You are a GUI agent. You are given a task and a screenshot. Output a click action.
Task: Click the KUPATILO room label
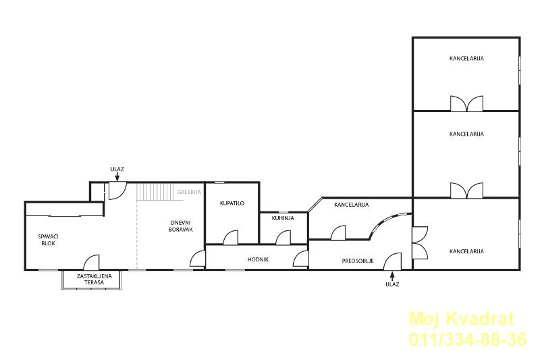pyautogui.click(x=232, y=203)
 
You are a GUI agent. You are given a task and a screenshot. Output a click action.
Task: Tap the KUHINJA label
pyautogui.click(x=283, y=218)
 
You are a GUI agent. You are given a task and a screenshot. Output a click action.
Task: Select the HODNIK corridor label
pyautogui.click(x=258, y=259)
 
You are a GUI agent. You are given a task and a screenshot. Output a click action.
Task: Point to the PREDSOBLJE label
pyautogui.click(x=358, y=261)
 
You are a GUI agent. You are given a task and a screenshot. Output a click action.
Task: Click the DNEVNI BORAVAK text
pyautogui.click(x=181, y=226)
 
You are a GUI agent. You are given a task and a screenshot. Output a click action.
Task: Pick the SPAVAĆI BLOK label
pyautogui.click(x=48, y=240)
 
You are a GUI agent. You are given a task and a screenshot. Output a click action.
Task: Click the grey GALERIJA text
pyautogui.click(x=189, y=192)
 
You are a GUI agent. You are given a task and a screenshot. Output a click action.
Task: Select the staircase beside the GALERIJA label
pyautogui.click(x=155, y=192)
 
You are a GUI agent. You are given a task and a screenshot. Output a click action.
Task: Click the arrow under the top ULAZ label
pyautogui.click(x=117, y=177)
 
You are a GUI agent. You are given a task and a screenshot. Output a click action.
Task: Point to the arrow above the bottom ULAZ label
pyautogui.click(x=392, y=276)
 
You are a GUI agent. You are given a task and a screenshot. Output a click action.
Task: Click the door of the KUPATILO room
pyautogui.click(x=230, y=237)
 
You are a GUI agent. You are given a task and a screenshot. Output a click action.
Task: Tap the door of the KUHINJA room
pyautogui.click(x=283, y=237)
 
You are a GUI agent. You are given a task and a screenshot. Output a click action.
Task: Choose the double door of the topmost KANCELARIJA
pyautogui.click(x=466, y=104)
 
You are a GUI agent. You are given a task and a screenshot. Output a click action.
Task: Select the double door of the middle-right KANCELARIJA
pyautogui.click(x=466, y=190)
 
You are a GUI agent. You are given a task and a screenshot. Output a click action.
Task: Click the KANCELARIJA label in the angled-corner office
pyautogui.click(x=351, y=205)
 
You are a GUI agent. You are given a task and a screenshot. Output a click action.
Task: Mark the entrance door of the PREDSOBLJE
pyautogui.click(x=393, y=261)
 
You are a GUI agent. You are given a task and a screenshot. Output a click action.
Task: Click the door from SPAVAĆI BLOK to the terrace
pyautogui.click(x=91, y=262)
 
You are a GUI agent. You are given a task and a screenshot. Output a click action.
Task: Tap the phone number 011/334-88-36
pyautogui.click(x=468, y=339)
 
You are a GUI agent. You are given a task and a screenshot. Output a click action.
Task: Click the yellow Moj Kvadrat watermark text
pyautogui.click(x=462, y=319)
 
